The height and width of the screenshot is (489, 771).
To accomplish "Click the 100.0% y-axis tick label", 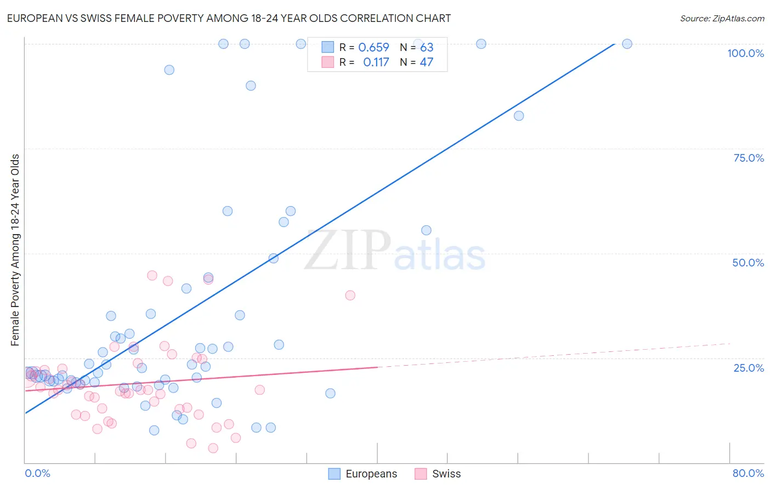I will click(745, 53).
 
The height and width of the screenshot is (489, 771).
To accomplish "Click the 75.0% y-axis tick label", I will click(749, 158).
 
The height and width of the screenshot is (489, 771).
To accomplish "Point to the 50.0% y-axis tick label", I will click(748, 263).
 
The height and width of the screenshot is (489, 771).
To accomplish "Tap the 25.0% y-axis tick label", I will click(749, 367).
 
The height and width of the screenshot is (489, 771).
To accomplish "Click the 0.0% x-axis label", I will click(37, 473).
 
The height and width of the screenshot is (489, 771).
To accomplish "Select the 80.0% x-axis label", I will click(748, 473).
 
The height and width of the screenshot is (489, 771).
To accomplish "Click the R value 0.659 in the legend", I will click(373, 48).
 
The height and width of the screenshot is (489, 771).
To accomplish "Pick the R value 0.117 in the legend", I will click(376, 62).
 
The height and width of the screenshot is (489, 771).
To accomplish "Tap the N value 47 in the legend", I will click(426, 62).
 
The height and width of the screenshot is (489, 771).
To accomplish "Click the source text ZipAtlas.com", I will click(722, 19).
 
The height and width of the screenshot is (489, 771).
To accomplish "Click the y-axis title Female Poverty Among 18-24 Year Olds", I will click(15, 250).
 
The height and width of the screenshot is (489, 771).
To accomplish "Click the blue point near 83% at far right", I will click(519, 116).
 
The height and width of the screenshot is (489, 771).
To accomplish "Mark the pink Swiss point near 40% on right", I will click(350, 295).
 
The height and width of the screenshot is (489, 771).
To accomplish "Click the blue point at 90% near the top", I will click(251, 86).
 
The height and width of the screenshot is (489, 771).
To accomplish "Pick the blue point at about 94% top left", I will click(169, 70).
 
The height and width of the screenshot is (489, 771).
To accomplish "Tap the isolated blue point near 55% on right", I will click(426, 230).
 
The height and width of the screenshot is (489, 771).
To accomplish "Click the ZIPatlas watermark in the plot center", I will click(395, 251).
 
